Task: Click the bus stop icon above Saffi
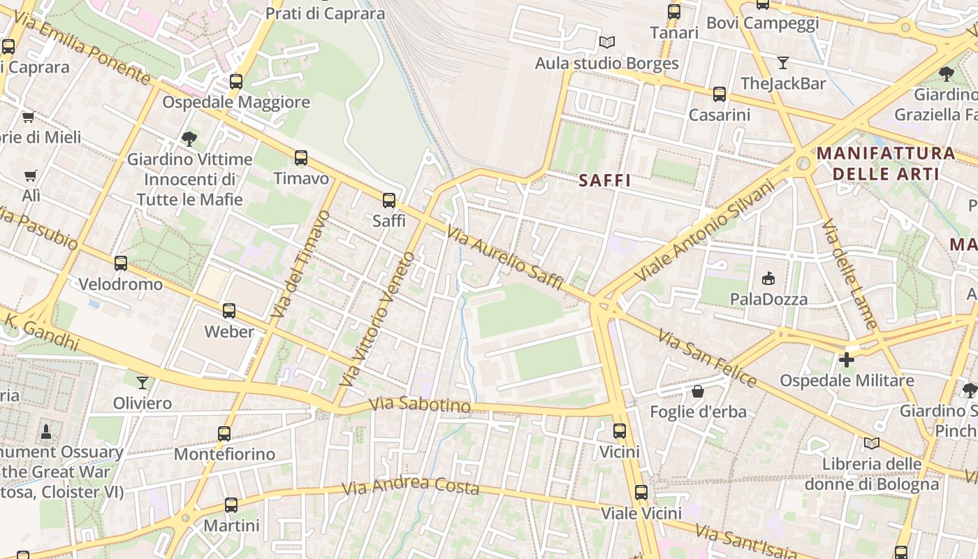point(389,201)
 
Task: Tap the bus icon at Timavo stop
point(301,158)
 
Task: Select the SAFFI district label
point(605,180)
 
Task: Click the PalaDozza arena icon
point(768,279)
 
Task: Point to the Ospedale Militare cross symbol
point(847,360)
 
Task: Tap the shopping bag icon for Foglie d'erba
point(697,391)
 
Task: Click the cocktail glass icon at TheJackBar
point(782,63)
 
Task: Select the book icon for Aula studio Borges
point(607,43)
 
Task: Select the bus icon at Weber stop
point(229,311)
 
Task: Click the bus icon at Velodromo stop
point(121,263)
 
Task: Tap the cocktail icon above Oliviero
point(143,382)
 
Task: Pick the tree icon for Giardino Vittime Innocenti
point(189,138)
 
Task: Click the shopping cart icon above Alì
point(30,175)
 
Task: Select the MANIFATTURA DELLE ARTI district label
point(886,163)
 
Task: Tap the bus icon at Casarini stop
point(719,94)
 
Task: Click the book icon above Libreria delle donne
point(871,443)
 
